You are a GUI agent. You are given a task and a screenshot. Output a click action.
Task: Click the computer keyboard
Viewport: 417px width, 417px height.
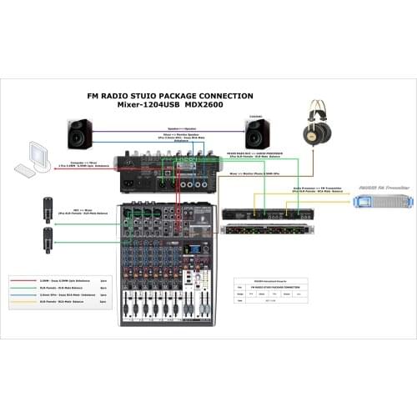click(x=27, y=174)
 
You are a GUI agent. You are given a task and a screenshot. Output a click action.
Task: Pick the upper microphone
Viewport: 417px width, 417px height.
click(x=48, y=208)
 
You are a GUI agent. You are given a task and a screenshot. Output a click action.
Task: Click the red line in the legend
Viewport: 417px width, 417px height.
click(x=30, y=283)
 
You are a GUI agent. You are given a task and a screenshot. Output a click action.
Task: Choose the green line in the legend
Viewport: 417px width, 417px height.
click(x=30, y=289)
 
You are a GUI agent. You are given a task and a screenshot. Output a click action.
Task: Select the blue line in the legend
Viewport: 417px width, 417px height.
click(x=30, y=296)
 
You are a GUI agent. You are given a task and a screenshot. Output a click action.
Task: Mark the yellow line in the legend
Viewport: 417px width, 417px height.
click(x=30, y=303)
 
